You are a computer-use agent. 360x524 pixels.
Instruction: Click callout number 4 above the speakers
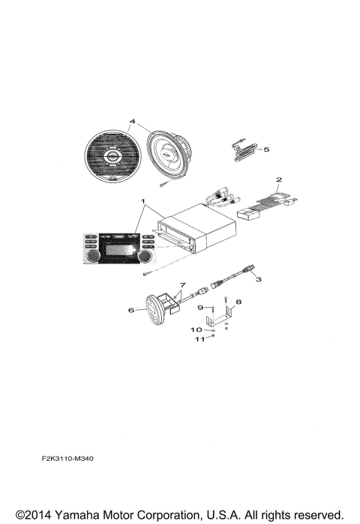(132, 121)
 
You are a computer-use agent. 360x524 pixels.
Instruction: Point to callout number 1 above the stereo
(143, 202)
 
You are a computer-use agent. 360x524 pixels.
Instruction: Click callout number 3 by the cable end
(258, 279)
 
